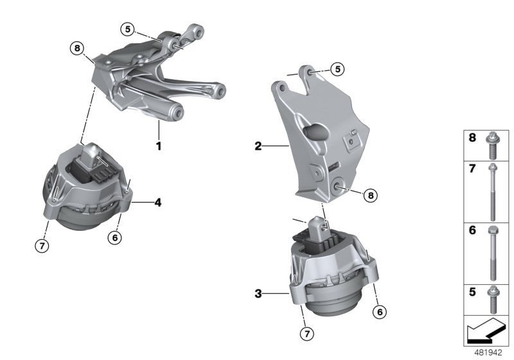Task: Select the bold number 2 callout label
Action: tap(258, 147)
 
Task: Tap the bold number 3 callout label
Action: tap(258, 294)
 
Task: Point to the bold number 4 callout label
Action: tap(157, 203)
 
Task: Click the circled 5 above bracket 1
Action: tap(127, 28)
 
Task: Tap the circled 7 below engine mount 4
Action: tap(41, 246)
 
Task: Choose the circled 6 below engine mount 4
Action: tap(116, 237)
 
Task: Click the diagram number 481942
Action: tap(488, 353)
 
